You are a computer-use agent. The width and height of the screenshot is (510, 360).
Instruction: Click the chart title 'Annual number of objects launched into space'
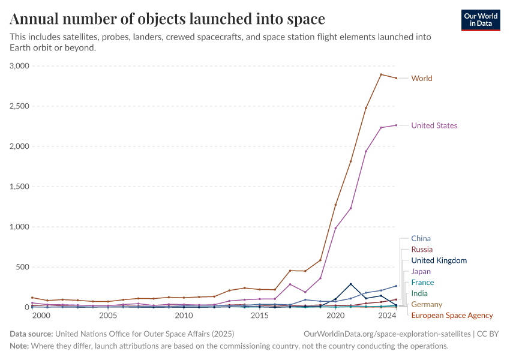pos(167,19)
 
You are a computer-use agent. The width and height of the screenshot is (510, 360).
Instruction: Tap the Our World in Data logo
pos(480,20)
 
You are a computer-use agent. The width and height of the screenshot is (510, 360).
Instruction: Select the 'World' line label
pos(421,78)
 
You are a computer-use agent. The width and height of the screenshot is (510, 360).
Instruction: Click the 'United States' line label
pos(434,125)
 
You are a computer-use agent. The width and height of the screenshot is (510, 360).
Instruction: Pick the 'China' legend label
pos(421,238)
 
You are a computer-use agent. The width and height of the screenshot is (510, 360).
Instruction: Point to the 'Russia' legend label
pos(422,249)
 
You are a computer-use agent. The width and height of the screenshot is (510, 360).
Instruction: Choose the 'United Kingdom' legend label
pos(439,260)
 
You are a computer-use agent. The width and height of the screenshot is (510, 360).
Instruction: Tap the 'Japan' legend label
pos(421,271)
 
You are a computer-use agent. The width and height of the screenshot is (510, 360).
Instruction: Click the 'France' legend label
pos(422,282)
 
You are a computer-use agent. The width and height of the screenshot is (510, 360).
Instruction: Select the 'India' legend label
pos(419,293)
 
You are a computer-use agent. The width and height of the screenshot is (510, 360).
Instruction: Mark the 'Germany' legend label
pos(427,304)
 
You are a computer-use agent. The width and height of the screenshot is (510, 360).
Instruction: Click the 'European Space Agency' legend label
pos(452,315)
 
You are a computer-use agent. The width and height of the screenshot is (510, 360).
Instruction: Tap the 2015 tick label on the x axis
pos(260,316)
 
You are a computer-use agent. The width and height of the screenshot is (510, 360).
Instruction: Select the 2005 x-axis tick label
pos(108,316)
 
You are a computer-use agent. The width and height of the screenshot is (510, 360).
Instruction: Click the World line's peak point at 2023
pos(381,74)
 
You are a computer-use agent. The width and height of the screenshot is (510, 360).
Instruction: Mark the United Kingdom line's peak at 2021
pos(350,284)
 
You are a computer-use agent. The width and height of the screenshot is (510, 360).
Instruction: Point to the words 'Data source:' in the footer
pos(31,334)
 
